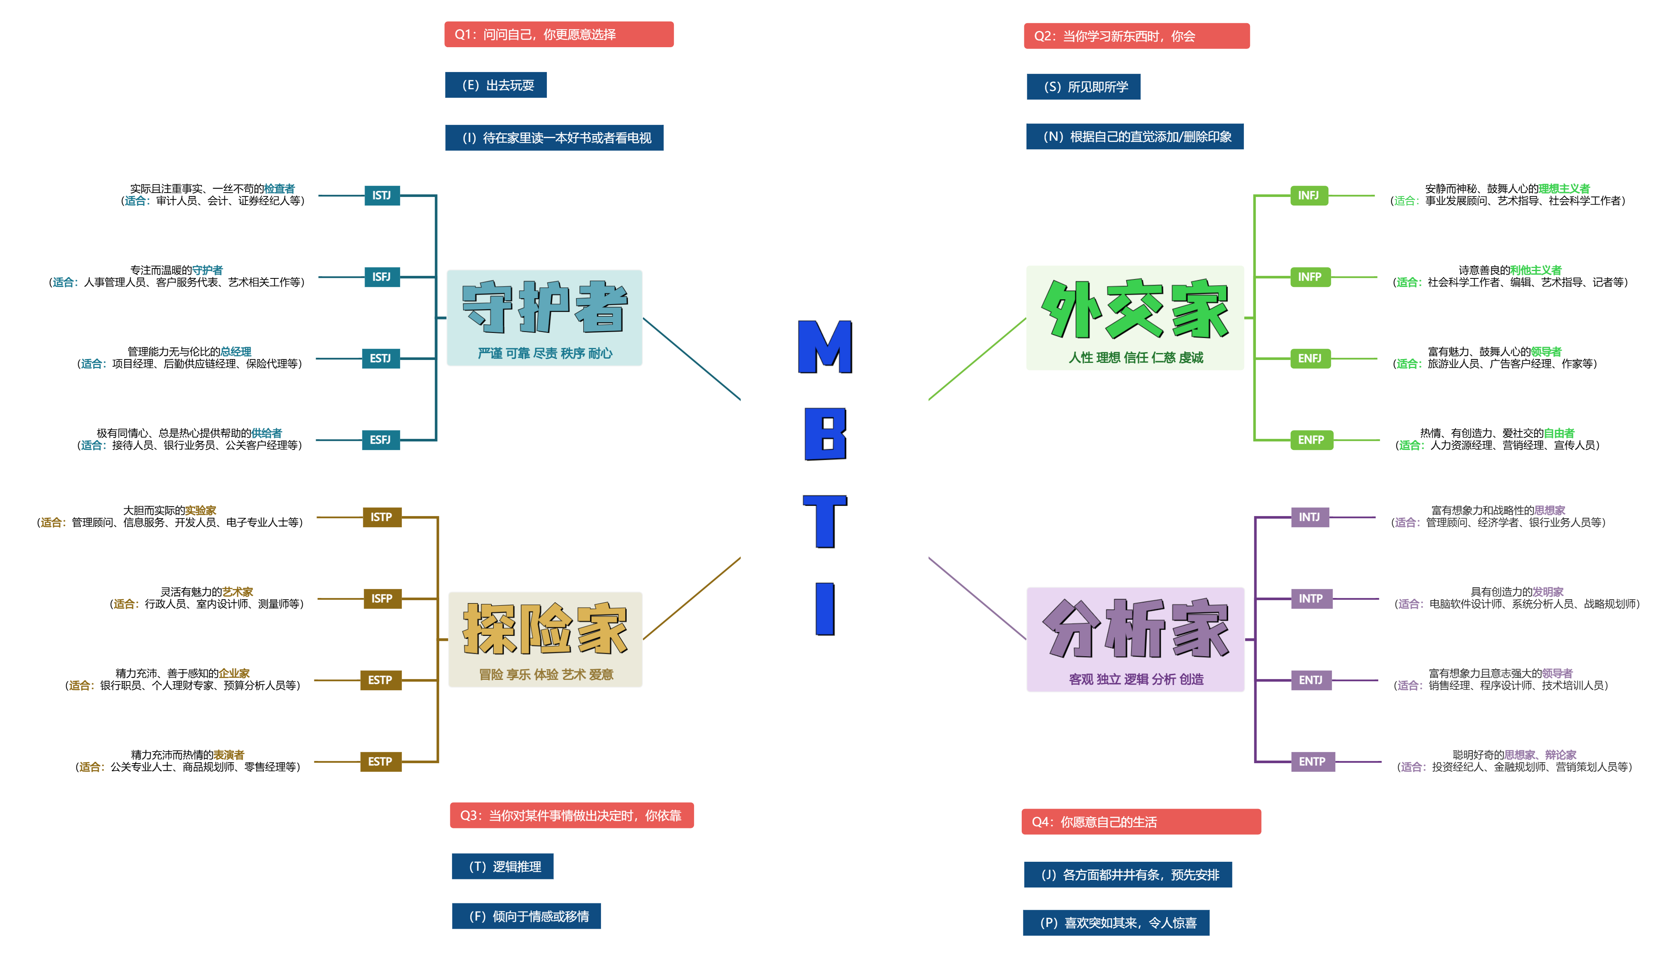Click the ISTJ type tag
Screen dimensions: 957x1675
point(382,195)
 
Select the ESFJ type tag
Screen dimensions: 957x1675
point(380,440)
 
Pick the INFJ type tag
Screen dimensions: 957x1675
point(1308,195)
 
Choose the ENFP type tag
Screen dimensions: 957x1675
point(1310,440)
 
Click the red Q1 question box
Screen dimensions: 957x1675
point(558,34)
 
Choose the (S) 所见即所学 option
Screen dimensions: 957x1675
point(1083,87)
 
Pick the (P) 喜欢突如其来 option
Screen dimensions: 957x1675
point(1115,923)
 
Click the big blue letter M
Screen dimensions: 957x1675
point(825,347)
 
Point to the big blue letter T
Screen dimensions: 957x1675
point(825,521)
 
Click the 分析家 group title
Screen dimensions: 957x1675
point(1135,628)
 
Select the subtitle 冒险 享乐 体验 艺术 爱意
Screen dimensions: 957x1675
point(546,674)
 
